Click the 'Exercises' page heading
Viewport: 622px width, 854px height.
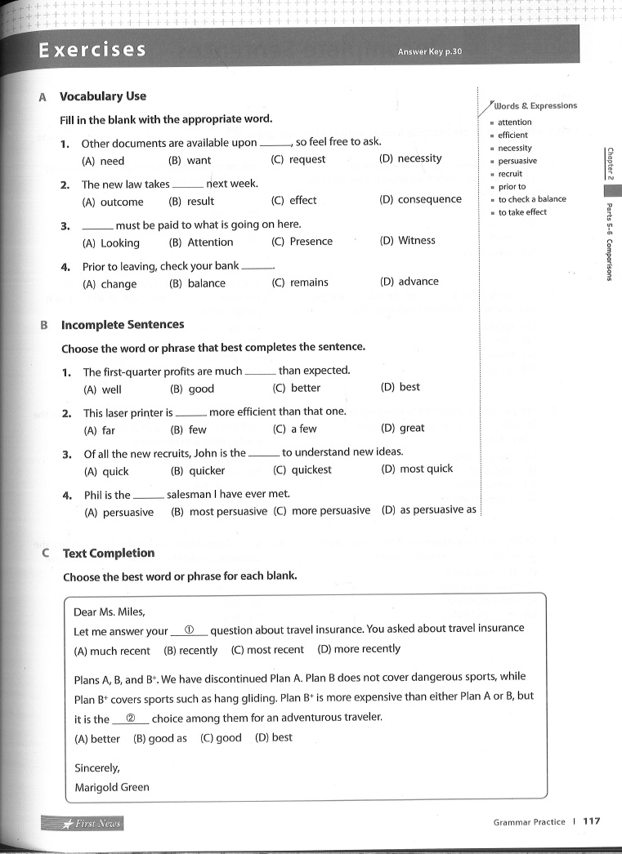tap(92, 51)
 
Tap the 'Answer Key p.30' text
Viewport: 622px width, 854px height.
tap(430, 52)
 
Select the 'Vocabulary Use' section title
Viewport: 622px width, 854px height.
tap(103, 96)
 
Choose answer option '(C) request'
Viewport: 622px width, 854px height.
tap(298, 160)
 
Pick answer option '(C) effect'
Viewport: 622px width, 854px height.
tap(293, 201)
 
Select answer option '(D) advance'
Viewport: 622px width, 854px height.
tap(409, 282)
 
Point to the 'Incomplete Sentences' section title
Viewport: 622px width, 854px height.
tap(123, 325)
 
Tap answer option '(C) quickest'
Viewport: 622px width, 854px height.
tap(302, 470)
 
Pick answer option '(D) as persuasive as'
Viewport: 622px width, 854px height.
tap(429, 510)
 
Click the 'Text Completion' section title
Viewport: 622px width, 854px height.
tap(109, 553)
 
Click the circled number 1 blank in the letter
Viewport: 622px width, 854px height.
tap(189, 630)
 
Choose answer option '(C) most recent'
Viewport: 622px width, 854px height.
tap(267, 650)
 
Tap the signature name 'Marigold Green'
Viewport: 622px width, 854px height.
tap(112, 788)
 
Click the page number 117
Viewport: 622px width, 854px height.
tap(591, 822)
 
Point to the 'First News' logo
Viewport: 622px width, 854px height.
tap(83, 823)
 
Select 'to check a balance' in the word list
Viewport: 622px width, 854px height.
tap(531, 199)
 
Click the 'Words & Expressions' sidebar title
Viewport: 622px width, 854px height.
tap(535, 106)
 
